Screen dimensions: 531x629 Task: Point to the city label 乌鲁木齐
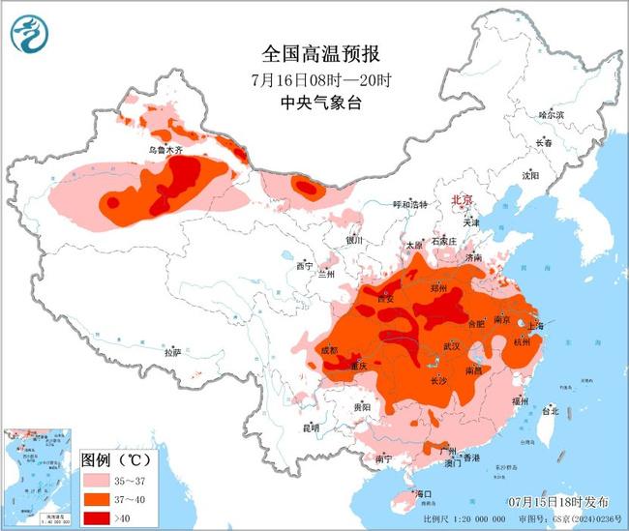(165, 151)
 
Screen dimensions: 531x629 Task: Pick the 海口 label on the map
(422, 494)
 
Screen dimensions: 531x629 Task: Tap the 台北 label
(550, 410)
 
